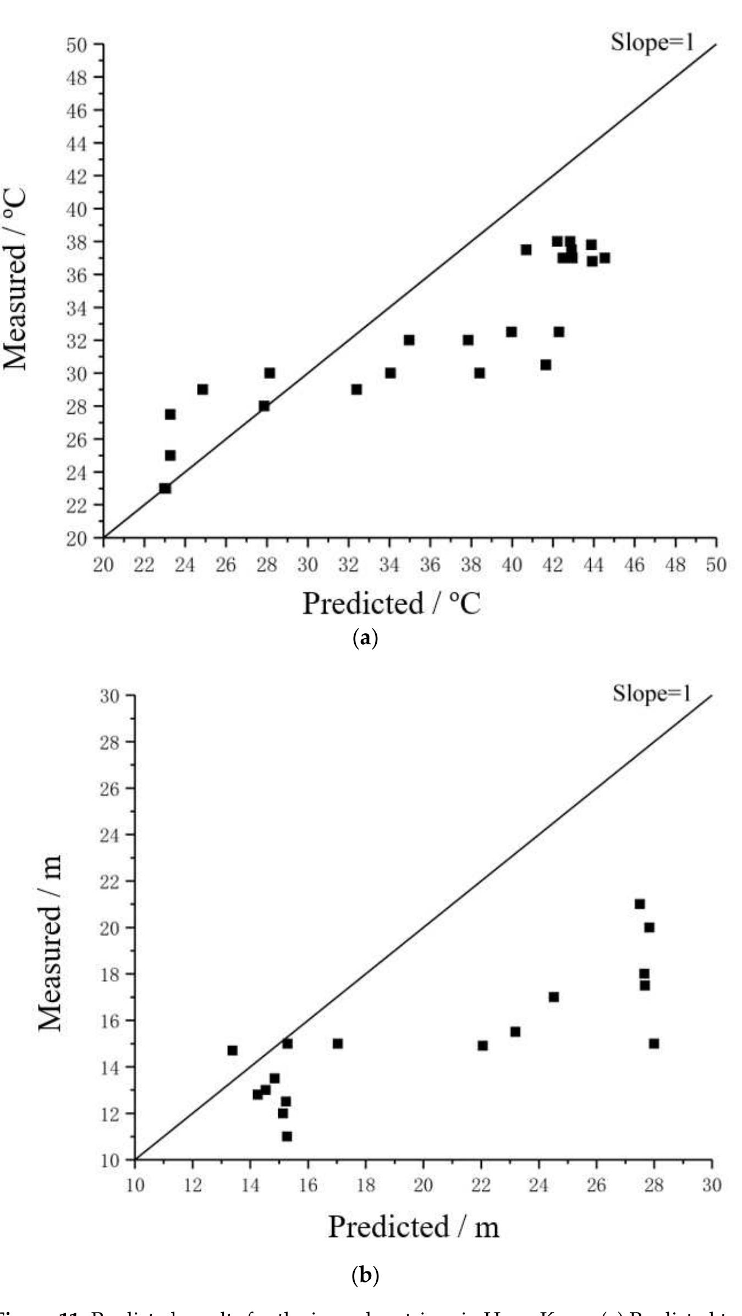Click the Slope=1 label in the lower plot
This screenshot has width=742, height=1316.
point(651,694)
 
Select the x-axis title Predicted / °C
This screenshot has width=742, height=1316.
point(391,604)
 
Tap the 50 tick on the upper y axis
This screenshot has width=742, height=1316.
point(78,45)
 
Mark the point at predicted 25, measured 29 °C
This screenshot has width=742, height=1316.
point(202,390)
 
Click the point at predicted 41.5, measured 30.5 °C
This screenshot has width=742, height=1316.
point(546,365)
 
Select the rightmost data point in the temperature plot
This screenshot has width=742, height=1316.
point(604,257)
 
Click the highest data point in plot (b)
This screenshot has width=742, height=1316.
point(640,904)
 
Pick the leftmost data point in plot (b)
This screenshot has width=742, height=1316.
point(232,1050)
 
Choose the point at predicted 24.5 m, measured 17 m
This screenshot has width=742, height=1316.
point(554,997)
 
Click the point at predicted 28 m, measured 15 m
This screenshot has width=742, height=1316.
point(654,1043)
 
